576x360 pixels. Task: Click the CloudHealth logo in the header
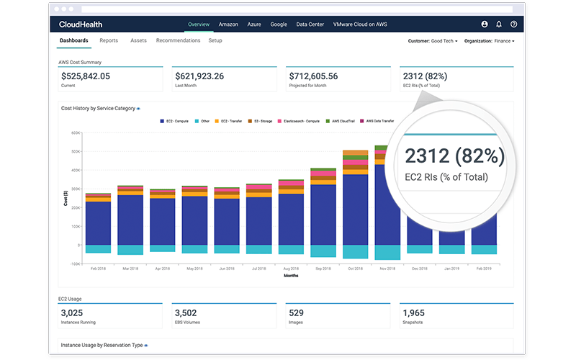[81, 24]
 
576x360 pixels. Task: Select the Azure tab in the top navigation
[254, 24]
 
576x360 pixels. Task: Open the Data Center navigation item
[310, 24]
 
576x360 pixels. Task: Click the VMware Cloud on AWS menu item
[360, 24]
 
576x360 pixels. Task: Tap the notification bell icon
[499, 24]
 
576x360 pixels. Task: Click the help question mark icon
[513, 24]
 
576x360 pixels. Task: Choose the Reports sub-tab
[109, 41]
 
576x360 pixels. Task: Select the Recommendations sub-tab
[178, 41]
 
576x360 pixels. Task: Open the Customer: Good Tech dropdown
[433, 41]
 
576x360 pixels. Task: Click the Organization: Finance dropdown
[490, 41]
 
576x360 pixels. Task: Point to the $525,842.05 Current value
[86, 76]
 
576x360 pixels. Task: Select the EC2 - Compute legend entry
[174, 121]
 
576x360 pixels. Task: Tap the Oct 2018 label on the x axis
[355, 269]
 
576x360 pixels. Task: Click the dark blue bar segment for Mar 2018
[130, 220]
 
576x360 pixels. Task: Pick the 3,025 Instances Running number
[73, 313]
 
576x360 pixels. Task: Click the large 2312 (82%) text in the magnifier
[454, 156]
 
